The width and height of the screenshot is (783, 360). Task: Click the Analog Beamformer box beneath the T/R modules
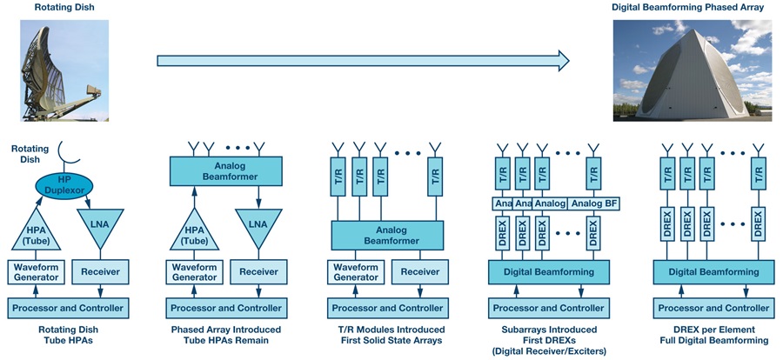387,233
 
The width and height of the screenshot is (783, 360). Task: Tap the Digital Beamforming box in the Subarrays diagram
546,273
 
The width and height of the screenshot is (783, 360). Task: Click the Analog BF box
594,203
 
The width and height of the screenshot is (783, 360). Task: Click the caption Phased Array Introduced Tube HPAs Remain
226,335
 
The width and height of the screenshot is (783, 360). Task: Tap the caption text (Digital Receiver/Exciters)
547,350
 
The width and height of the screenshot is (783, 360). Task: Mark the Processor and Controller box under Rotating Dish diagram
67,309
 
